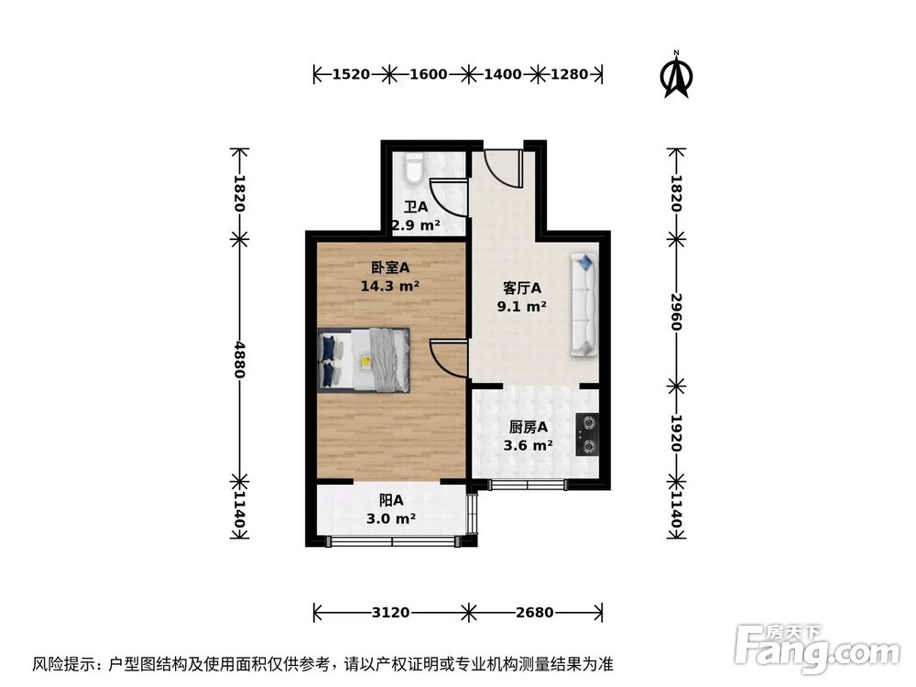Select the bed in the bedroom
click(x=365, y=359)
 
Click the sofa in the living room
click(x=584, y=306)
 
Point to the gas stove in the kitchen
click(x=587, y=435)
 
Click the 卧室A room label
click(x=390, y=267)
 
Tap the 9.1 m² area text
click(x=522, y=307)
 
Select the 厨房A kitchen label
click(x=529, y=427)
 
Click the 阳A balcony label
click(x=391, y=500)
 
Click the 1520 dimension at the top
click(x=352, y=74)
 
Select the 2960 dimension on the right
click(x=677, y=312)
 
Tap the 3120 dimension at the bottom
click(x=391, y=611)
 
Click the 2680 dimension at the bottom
click(x=535, y=611)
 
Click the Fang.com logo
click(x=817, y=647)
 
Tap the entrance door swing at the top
click(x=503, y=166)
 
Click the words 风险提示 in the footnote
click(x=63, y=663)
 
